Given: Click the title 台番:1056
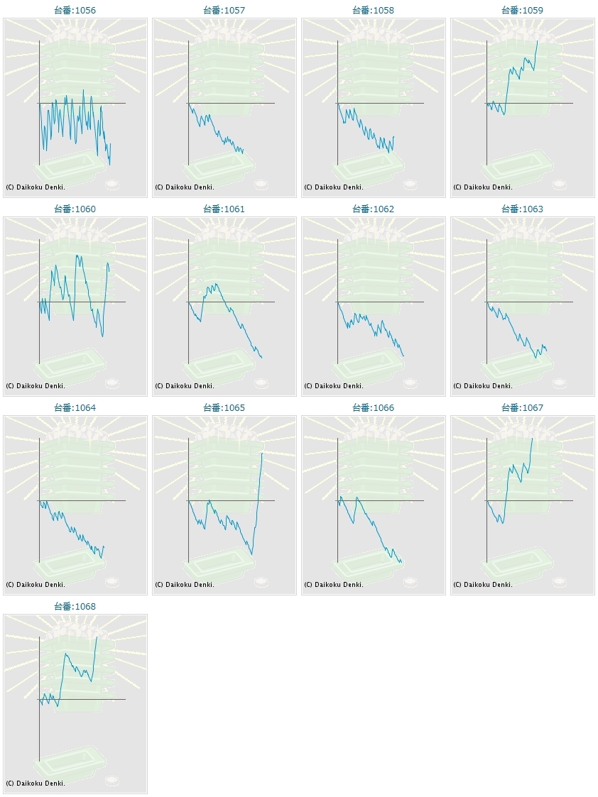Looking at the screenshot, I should pos(75,11).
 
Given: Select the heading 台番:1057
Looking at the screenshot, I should pos(224,11).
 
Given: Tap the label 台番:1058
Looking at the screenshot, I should pos(373,11).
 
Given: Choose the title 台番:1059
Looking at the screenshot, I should pos(522,11).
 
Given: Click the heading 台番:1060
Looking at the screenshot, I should pos(75,209).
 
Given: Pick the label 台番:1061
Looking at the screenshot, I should pos(224,209).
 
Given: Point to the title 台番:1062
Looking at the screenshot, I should pos(373,209).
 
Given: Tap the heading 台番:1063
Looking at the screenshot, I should pos(522,209).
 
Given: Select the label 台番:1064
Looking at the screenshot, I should pos(75,408).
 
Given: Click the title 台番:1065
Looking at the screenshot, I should pos(224,408).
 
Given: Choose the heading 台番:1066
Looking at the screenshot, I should pos(373,408).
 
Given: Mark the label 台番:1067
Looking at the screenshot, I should pos(522,408).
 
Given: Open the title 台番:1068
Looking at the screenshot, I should pos(75,607).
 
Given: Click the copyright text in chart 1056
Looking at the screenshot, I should pos(36,187).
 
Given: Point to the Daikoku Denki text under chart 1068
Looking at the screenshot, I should pos(36,784).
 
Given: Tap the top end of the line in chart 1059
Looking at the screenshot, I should pos(538,41).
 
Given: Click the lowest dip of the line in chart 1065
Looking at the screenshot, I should pos(251,554).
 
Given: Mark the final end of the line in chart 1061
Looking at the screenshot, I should pos(261,357).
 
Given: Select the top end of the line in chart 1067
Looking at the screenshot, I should pos(532,439).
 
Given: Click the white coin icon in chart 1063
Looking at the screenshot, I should pos(560,383).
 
